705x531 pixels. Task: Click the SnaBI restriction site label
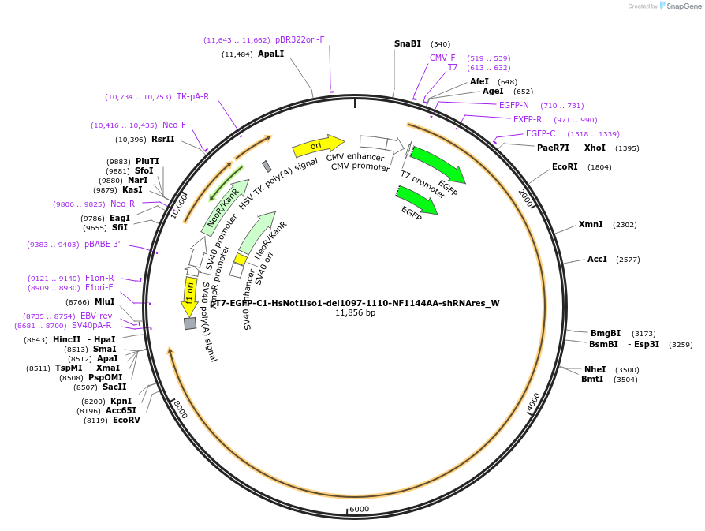[x=408, y=44]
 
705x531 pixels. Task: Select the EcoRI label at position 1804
[x=565, y=167]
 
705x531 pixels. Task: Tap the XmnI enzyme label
[x=591, y=225]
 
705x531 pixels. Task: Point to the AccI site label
[x=597, y=260]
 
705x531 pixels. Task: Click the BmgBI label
[x=606, y=333]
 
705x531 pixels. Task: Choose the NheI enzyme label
[x=595, y=369]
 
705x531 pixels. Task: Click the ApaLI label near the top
[x=270, y=54]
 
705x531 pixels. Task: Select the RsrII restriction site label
[x=163, y=140]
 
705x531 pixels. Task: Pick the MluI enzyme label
[x=104, y=302]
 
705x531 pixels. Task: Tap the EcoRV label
[x=126, y=421]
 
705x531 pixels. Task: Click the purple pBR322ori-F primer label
[x=300, y=39]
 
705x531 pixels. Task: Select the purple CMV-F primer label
[x=442, y=58]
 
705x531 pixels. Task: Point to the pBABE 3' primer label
[x=103, y=245]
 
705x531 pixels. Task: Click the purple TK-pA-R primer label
[x=192, y=97]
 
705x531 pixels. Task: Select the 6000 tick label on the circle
[x=359, y=510]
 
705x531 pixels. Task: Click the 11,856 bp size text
[x=355, y=313]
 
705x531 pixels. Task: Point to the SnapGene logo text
[x=683, y=6]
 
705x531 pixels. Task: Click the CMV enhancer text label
[x=355, y=156]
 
